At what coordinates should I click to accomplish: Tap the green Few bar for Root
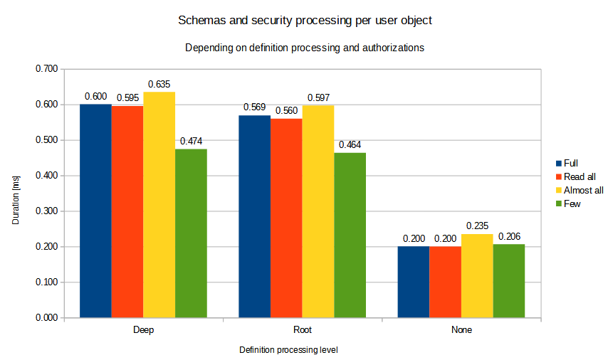(350, 235)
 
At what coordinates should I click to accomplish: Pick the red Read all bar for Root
(286, 218)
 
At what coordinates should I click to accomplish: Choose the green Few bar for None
(508, 281)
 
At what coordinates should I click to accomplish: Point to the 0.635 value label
(159, 84)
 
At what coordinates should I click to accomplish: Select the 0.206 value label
(510, 236)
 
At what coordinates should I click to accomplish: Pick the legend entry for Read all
(578, 176)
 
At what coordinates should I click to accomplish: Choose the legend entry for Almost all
(582, 190)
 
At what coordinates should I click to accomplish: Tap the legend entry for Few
(572, 204)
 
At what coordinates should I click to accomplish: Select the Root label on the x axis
(302, 331)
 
